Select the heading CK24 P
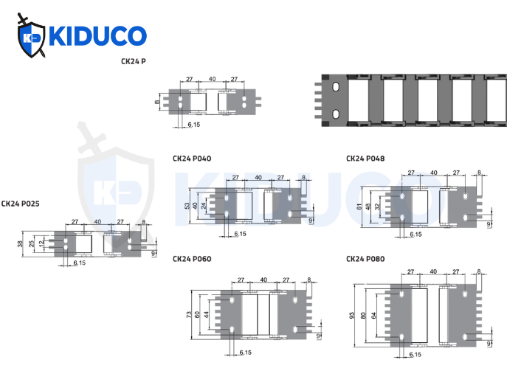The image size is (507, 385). coord(133,62)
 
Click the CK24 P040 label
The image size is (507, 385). coord(191,159)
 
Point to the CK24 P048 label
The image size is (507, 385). coord(365,159)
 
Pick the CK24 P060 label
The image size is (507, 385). coord(191,259)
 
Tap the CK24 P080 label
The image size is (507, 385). coord(365,259)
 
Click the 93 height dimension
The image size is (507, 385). coord(351,316)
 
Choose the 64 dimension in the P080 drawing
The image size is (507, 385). coord(375,316)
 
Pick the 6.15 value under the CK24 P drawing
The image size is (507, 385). coord(194,125)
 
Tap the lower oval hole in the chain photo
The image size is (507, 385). coord(336,113)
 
